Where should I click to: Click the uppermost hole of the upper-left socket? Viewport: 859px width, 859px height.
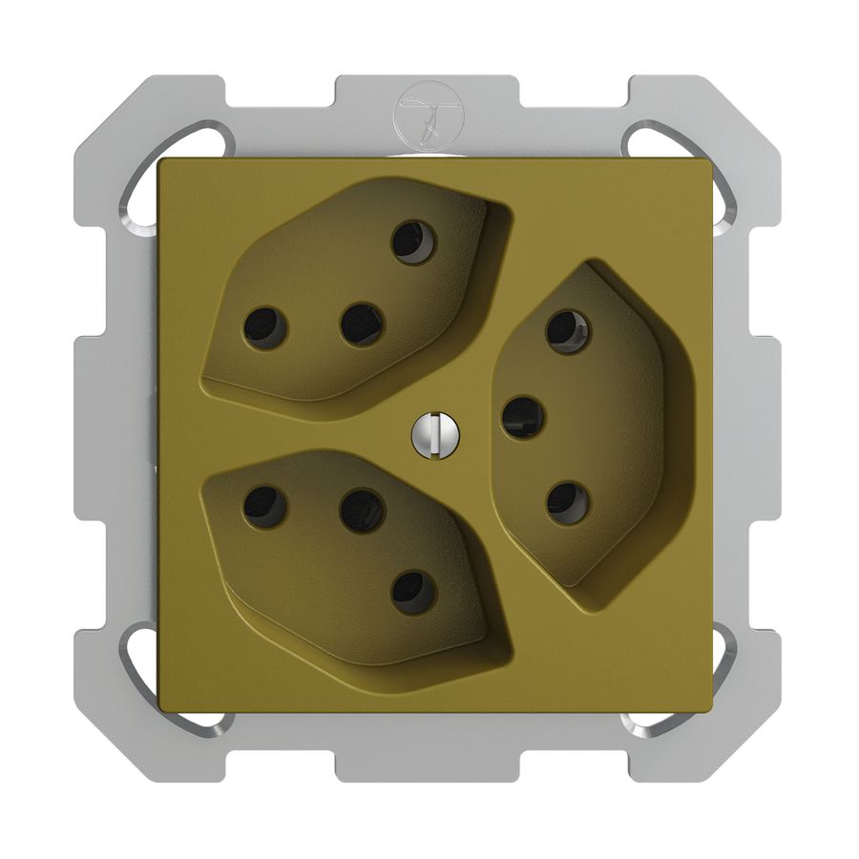click(x=413, y=241)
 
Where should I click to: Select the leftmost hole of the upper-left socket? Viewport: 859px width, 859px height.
click(x=265, y=327)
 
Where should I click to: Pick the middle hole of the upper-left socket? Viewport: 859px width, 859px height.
click(x=362, y=325)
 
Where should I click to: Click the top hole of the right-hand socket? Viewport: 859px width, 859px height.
click(x=568, y=331)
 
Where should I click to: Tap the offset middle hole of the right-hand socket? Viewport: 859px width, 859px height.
click(x=523, y=417)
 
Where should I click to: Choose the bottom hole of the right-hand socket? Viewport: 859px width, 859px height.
click(x=568, y=503)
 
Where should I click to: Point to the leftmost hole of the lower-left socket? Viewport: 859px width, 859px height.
click(x=265, y=507)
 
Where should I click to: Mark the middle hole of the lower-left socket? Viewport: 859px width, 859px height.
click(x=363, y=511)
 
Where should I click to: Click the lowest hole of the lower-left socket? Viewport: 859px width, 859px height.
click(x=414, y=592)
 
